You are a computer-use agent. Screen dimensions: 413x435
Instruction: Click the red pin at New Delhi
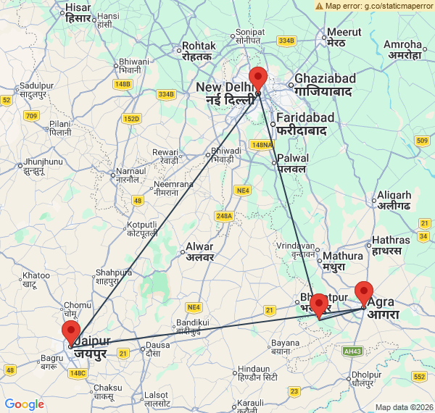[257, 78]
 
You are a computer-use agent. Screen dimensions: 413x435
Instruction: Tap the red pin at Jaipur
[71, 332]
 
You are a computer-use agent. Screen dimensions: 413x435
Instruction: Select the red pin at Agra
[363, 293]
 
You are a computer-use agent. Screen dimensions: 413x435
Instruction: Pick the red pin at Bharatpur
[318, 304]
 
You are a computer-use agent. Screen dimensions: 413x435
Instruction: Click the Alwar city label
[199, 251]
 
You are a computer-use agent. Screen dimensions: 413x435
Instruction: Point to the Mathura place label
[343, 261]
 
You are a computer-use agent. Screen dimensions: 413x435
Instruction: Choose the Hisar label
[78, 12]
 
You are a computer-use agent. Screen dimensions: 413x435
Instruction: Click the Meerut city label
[344, 37]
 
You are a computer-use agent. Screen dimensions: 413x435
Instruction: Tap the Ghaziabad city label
[324, 85]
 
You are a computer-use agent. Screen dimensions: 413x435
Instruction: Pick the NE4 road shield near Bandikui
[193, 306]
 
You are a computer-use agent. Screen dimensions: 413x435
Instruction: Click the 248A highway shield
[224, 215]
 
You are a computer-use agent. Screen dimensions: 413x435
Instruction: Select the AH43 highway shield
[352, 351]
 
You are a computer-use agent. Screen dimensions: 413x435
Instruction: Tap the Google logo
[24, 404]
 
